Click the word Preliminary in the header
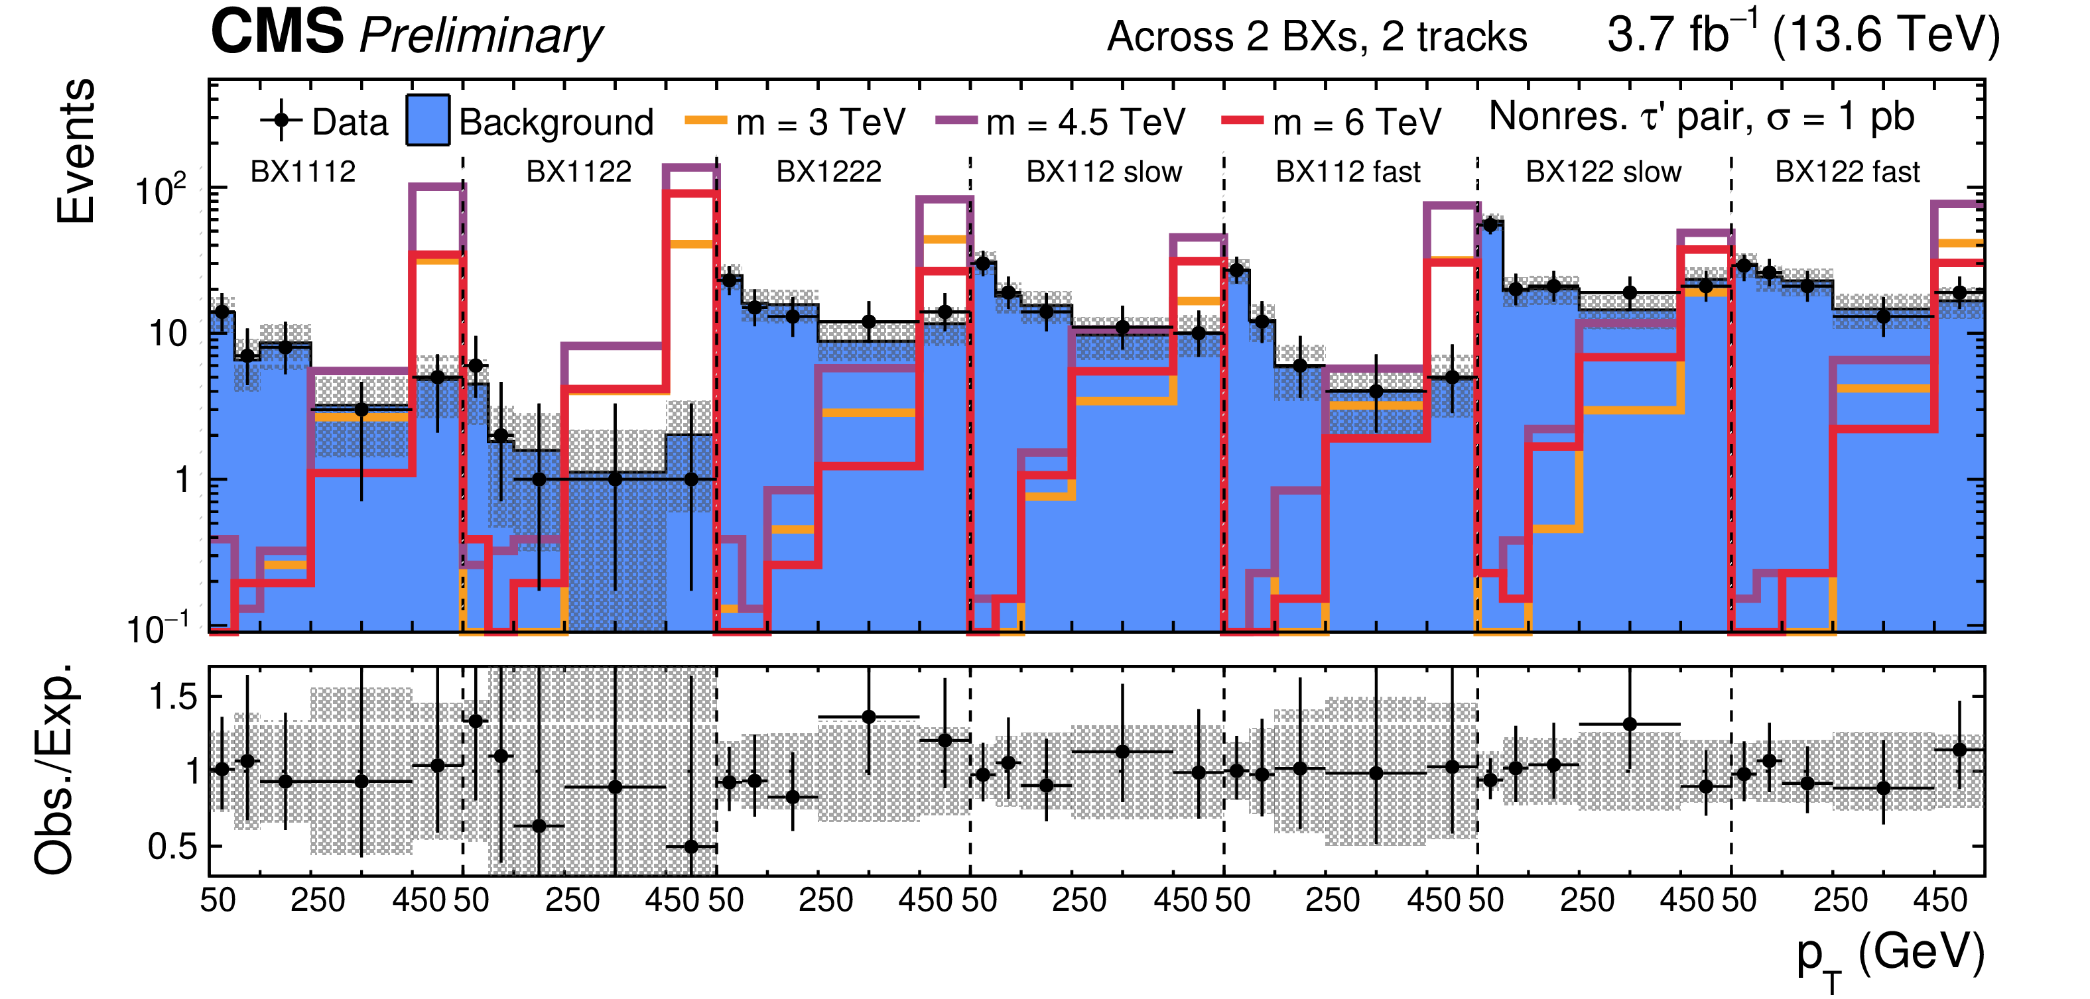coord(481,36)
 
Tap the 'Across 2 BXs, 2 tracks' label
coord(1316,37)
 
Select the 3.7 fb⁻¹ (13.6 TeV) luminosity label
coord(1803,34)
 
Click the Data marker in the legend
coord(281,121)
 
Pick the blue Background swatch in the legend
coord(428,121)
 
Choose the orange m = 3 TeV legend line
coord(705,121)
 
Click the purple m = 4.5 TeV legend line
coord(956,121)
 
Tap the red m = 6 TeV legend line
coord(1242,121)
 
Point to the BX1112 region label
coord(302,172)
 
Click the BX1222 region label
coord(828,172)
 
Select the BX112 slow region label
coord(1104,172)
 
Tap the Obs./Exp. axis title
coord(55,770)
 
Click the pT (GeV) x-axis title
coord(1890,957)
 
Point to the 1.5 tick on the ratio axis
coord(173,697)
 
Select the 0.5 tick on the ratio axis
coord(173,847)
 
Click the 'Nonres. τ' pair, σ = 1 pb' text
coord(1701,117)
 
